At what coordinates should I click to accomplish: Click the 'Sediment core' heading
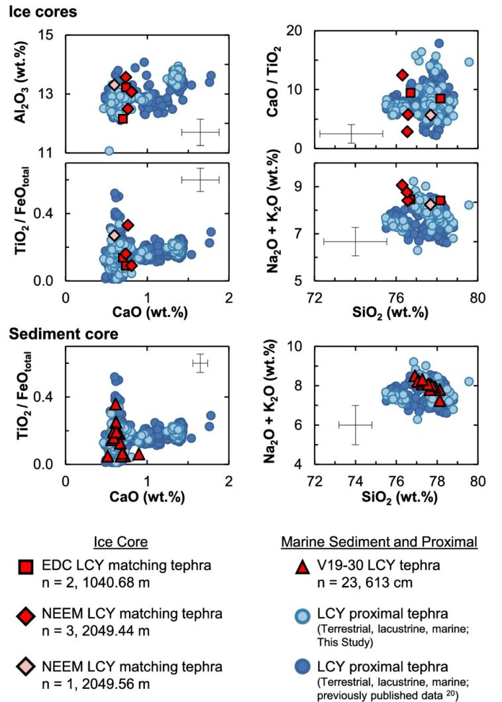64,333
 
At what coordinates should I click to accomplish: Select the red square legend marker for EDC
25,567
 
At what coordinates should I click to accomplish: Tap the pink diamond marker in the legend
25,667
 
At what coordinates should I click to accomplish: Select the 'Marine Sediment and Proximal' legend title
379,542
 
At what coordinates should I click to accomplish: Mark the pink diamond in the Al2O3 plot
114,85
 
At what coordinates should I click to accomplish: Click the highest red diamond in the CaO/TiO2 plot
402,75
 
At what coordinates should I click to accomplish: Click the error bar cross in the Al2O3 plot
200,133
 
